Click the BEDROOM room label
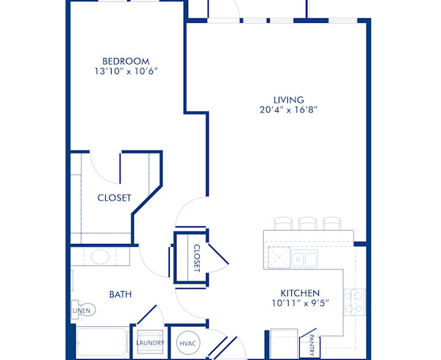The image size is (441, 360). point(126,61)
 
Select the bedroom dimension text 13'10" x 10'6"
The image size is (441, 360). point(126,72)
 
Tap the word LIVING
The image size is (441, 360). point(290,99)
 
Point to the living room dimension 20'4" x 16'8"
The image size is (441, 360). point(290,110)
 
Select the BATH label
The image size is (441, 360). point(120,295)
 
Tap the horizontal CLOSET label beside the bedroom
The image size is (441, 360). point(114,198)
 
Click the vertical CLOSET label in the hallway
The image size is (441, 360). point(196,258)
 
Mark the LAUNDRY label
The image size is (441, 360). point(150,342)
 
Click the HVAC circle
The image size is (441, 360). point(186,342)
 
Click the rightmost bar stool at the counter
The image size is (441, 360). point(332,223)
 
